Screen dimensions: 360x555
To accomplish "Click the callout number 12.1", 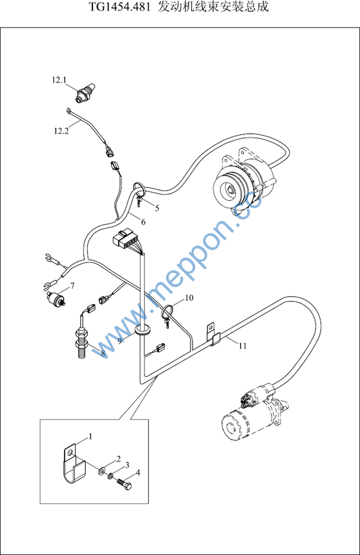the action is (x=59, y=80).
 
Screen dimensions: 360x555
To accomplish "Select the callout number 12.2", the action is (x=61, y=131).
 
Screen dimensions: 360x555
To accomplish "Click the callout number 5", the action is (x=157, y=208).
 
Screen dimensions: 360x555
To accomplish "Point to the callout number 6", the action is (x=143, y=222).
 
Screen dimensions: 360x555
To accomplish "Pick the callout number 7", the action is (x=72, y=286).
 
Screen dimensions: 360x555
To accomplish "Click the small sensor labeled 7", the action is (x=57, y=298).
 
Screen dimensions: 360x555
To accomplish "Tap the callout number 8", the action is (x=103, y=353).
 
